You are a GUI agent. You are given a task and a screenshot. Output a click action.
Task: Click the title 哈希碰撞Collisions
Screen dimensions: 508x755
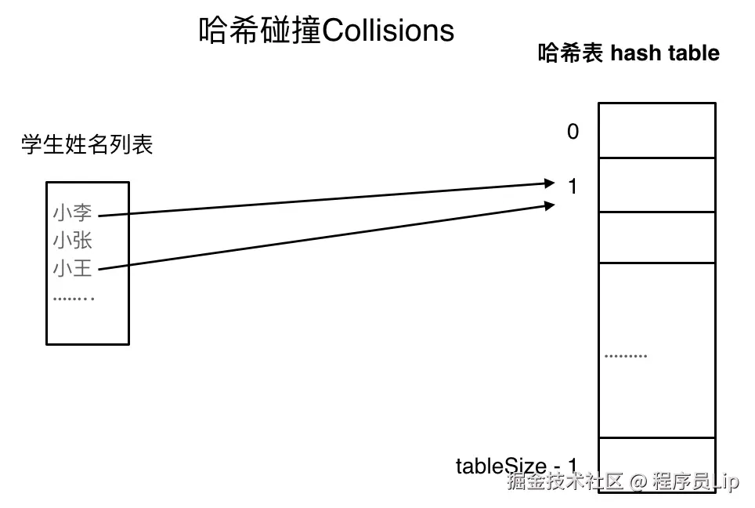326,31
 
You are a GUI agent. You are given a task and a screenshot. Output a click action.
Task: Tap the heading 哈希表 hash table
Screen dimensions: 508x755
628,53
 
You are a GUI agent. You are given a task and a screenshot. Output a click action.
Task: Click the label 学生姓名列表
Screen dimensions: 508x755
86,145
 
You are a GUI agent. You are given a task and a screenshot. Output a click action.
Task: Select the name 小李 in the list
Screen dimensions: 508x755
72,212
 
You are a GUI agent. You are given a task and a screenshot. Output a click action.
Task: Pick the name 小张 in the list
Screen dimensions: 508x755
72,240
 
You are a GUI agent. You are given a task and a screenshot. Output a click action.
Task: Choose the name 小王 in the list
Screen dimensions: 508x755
72,268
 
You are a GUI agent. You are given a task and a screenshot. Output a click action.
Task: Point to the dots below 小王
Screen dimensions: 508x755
74,298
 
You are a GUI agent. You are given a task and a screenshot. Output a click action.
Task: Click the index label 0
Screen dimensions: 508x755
573,132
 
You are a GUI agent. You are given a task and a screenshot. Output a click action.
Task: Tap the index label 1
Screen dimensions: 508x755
573,187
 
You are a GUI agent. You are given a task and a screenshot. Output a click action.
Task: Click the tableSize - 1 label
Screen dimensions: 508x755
516,466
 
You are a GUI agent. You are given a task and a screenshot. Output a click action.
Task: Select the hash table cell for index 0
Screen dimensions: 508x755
656,130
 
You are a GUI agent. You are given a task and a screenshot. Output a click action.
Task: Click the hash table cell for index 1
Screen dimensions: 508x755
656,185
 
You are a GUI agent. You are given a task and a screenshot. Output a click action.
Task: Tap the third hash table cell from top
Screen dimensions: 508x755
656,238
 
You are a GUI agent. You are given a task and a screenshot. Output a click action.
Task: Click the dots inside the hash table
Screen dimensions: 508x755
626,356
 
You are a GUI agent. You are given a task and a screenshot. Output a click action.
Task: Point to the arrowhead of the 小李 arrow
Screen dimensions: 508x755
549,184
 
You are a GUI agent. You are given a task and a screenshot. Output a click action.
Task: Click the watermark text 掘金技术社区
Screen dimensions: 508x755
565,481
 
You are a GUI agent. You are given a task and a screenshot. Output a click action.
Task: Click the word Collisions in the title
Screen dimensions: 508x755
388,31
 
